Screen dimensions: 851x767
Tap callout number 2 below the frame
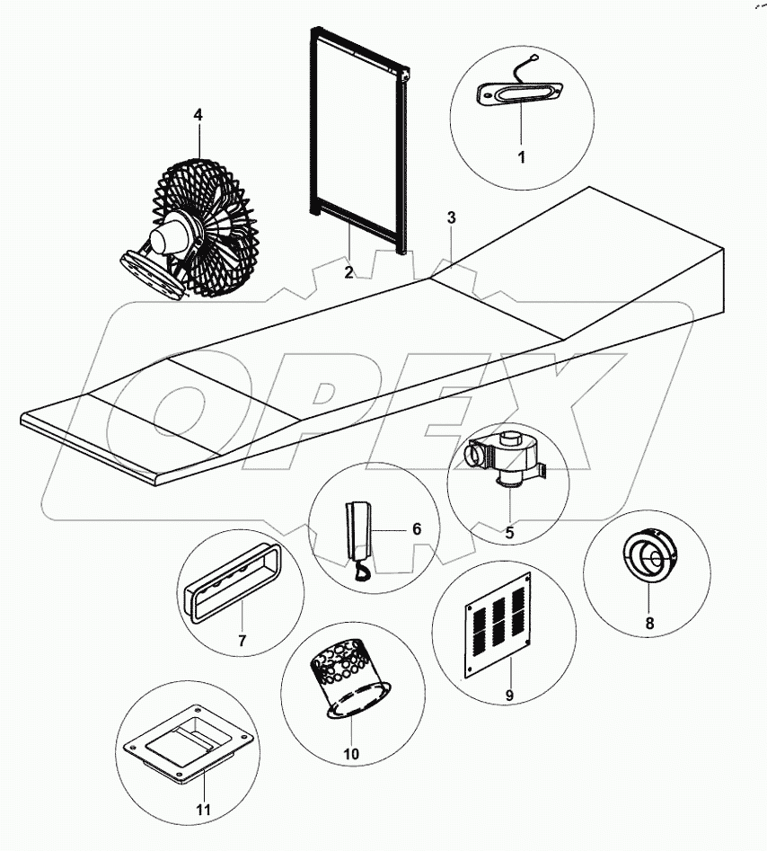348,272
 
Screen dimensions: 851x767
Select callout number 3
451,217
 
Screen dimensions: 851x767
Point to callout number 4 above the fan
198,115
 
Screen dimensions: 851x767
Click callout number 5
508,532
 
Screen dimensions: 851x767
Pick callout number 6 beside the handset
416,528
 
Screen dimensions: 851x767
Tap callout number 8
648,622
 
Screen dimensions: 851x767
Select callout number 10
350,753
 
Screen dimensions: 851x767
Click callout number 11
203,810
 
